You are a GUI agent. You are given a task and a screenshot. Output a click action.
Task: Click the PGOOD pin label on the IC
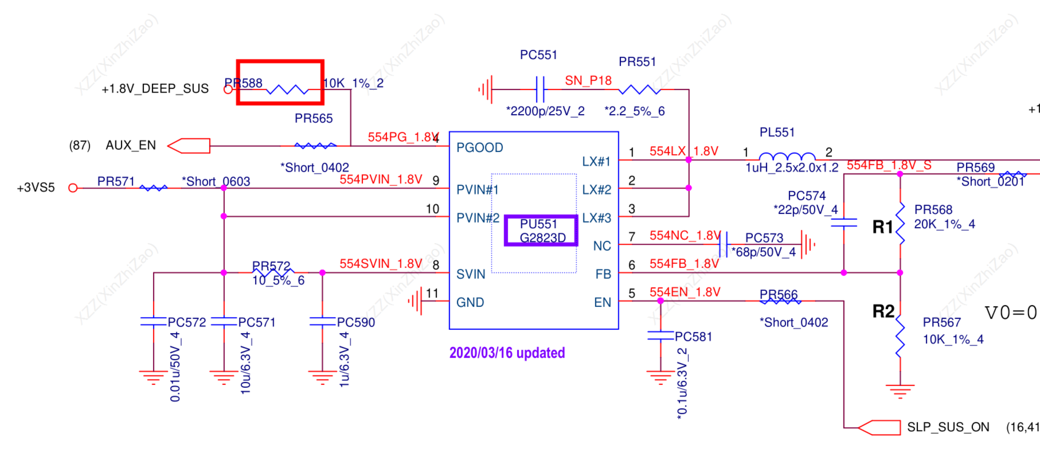tap(480, 148)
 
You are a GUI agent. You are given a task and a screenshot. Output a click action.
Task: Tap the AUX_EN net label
tap(130, 145)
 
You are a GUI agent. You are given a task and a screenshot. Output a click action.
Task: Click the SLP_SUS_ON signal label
tap(948, 427)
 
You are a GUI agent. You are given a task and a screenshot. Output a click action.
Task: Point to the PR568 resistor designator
tap(933, 210)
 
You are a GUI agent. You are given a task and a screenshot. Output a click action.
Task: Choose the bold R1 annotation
tap(883, 227)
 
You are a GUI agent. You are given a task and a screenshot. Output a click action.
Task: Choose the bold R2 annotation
tap(883, 311)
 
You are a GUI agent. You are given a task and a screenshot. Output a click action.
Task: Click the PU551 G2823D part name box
tap(541, 231)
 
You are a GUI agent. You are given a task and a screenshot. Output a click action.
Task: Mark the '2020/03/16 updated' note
tap(507, 353)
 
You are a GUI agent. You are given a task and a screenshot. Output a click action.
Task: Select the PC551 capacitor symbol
tap(540, 89)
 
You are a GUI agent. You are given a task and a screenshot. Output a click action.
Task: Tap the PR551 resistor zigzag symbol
tap(639, 89)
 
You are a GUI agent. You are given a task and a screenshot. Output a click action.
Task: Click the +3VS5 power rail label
tap(36, 188)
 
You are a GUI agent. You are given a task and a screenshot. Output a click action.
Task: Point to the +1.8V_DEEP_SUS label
tap(155, 89)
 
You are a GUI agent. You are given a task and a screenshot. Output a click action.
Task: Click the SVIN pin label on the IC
tap(471, 275)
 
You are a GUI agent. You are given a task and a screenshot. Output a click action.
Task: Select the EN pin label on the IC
tap(602, 302)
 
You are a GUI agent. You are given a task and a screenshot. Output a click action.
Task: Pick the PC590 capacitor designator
tap(356, 322)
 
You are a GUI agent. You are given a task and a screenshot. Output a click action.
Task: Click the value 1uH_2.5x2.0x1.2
tap(792, 167)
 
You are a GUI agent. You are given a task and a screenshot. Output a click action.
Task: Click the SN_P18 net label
tap(588, 81)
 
